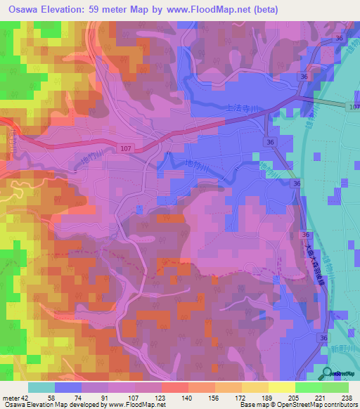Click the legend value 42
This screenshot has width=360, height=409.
(x=25, y=397)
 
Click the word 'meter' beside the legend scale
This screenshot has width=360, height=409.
(x=10, y=397)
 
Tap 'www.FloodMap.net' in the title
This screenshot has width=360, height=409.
(x=214, y=10)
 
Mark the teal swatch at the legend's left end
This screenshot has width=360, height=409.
(x=41, y=387)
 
